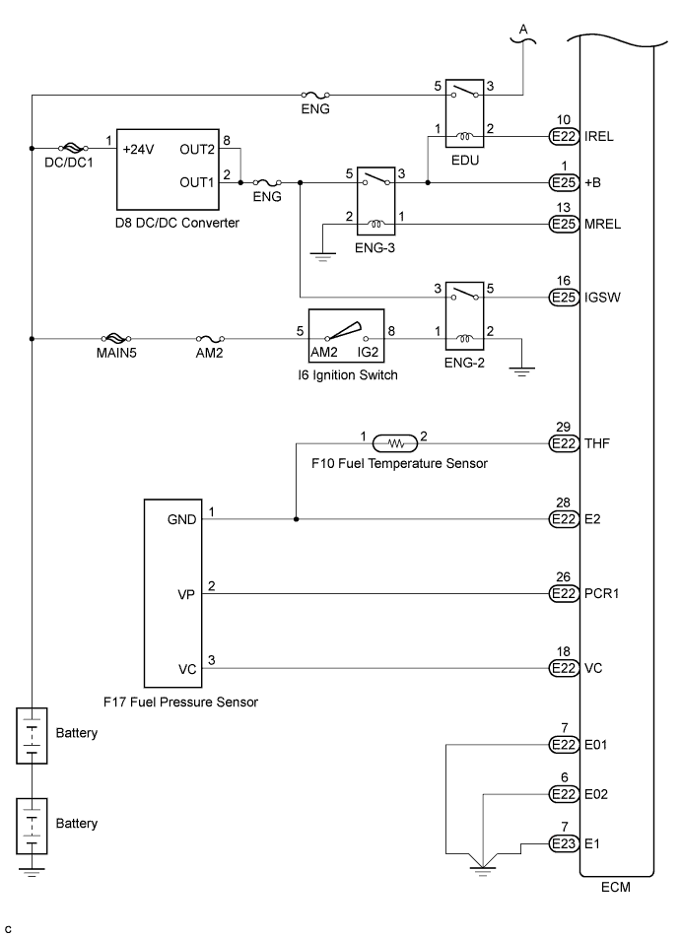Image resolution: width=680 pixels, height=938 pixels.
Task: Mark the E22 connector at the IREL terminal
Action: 562,137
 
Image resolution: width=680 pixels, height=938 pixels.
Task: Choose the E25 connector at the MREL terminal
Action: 562,227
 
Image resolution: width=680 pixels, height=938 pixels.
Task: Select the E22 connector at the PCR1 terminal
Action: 562,594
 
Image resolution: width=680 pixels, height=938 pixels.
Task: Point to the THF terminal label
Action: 597,444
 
